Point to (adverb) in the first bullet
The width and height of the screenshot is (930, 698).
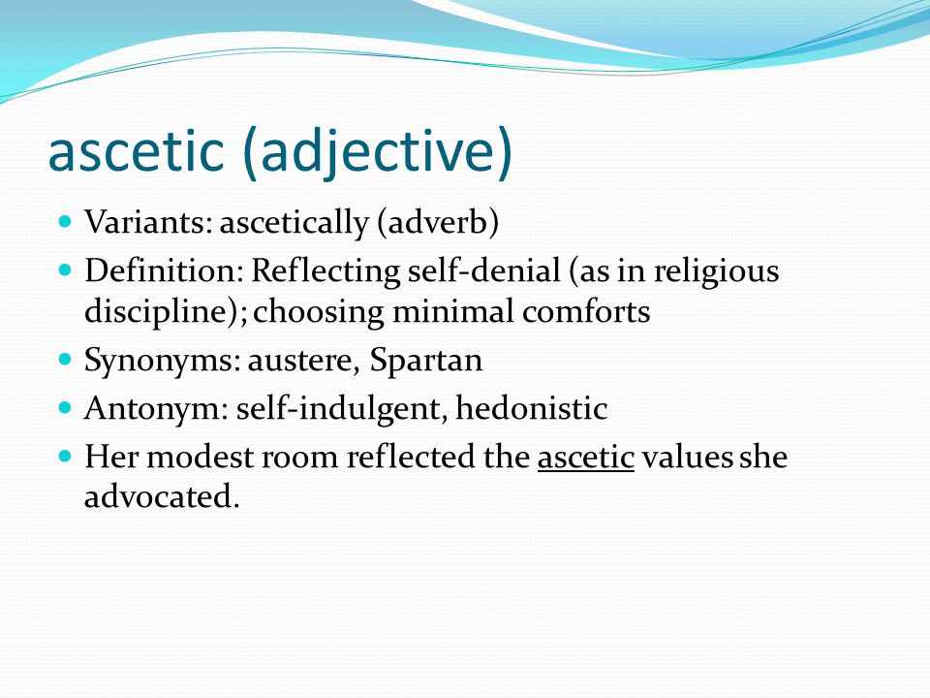437,224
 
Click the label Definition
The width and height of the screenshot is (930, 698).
163,271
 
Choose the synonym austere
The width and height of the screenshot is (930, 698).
288,361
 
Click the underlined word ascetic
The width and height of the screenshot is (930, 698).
585,458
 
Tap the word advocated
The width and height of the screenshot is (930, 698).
161,498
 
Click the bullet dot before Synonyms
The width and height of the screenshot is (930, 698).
66,359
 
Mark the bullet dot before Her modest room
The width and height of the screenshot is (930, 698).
66,456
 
